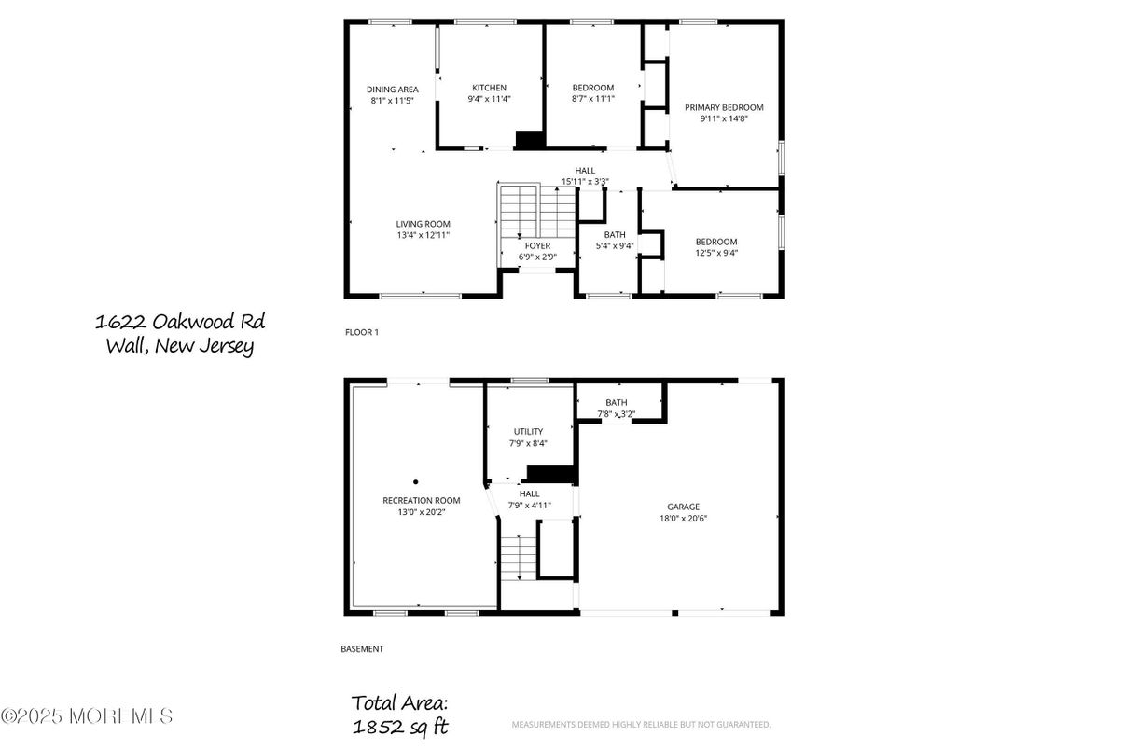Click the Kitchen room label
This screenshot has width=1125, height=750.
tap(490, 88)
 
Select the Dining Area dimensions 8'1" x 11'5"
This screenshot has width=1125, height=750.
tap(392, 100)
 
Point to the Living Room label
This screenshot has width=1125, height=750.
tap(423, 224)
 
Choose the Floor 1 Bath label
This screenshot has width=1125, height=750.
tap(615, 235)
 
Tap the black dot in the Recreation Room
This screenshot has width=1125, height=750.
tap(416, 482)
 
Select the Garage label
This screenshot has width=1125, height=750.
tap(683, 507)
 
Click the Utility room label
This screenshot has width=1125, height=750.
tap(528, 432)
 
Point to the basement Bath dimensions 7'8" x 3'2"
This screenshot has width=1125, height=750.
tap(616, 414)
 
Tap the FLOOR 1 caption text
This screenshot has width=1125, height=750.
tap(362, 332)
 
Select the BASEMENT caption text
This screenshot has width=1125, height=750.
tap(362, 649)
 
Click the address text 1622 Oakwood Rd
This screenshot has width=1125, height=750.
tap(180, 322)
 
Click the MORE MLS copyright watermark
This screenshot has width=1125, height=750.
tap(87, 716)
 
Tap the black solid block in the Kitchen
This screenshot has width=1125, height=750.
tap(530, 140)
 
